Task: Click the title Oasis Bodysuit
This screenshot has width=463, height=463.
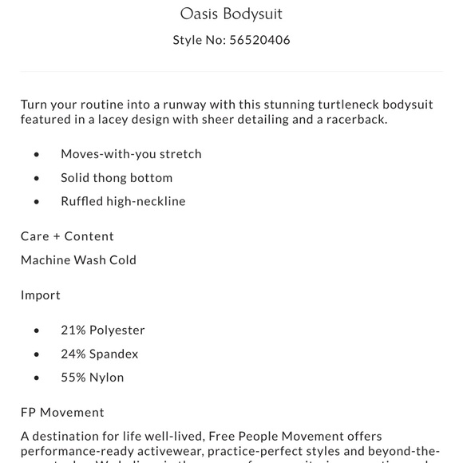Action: click(x=231, y=14)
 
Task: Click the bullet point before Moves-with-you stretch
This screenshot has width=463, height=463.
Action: click(x=37, y=154)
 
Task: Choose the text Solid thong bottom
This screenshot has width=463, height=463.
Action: click(x=117, y=177)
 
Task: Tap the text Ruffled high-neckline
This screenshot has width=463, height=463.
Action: click(x=123, y=201)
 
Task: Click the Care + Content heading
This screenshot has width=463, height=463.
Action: click(x=67, y=236)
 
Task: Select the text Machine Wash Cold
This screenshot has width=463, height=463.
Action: click(x=78, y=259)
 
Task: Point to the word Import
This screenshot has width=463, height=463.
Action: click(x=41, y=295)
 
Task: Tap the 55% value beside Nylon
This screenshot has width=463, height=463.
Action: click(x=74, y=377)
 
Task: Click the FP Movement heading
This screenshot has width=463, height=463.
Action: click(x=62, y=412)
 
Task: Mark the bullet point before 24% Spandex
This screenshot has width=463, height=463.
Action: click(x=37, y=354)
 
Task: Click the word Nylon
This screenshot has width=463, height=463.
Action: click(x=108, y=377)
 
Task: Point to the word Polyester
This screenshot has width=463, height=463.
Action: click(x=117, y=330)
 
